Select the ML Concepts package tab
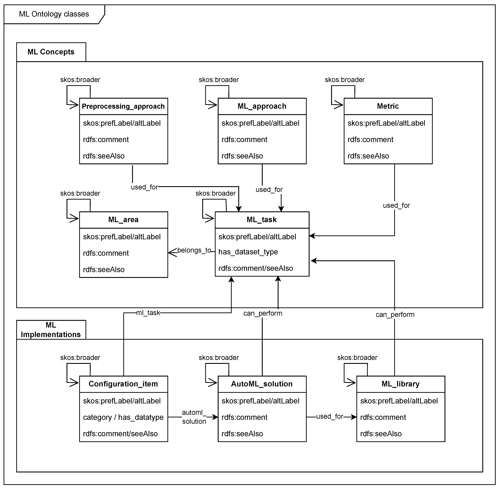tap(51, 52)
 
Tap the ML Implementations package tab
tap(51, 330)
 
